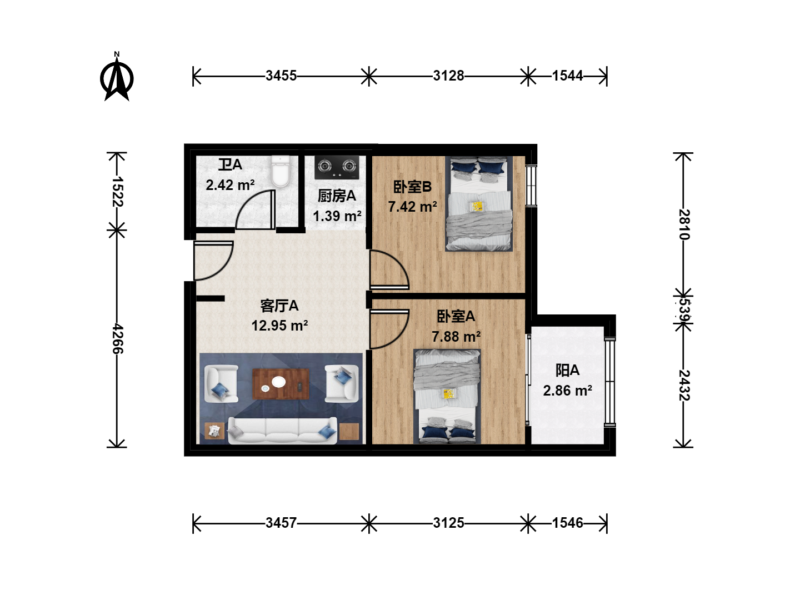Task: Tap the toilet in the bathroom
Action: coord(280,171)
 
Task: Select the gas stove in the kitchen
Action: coord(337,168)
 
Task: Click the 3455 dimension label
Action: coord(281,76)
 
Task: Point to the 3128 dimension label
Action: coord(448,76)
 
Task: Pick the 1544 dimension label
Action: coord(567,76)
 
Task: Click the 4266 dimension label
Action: coord(117,338)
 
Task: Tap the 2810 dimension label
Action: coord(684,224)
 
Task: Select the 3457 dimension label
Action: coord(281,523)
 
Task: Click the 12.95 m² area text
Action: coord(279,326)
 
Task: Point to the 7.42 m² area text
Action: coord(412,207)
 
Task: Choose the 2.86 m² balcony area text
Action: coord(567,391)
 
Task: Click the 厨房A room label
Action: coord(337,196)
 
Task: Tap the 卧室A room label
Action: coord(456,316)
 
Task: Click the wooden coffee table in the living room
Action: coord(281,383)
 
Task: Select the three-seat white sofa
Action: coord(282,431)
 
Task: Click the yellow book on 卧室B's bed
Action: coord(477,207)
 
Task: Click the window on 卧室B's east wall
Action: coord(531,186)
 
